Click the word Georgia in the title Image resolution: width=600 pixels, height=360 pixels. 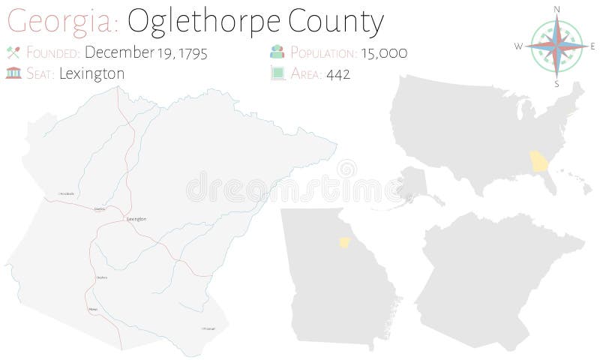coord(61,22)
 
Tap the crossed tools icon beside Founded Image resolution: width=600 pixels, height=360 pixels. coord(12,53)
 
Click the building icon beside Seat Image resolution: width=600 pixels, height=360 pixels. coord(12,73)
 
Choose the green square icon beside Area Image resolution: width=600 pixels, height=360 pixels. coord(277,73)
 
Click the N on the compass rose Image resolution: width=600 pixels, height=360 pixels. coord(557,8)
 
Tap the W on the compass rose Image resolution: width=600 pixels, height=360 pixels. coord(517,46)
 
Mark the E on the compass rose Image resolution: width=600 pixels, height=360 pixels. coord(592,46)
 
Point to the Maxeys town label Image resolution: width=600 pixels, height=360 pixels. coord(93,308)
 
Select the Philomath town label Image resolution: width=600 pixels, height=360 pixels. coord(208,328)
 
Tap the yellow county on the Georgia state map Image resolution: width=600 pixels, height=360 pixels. coord(345,242)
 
